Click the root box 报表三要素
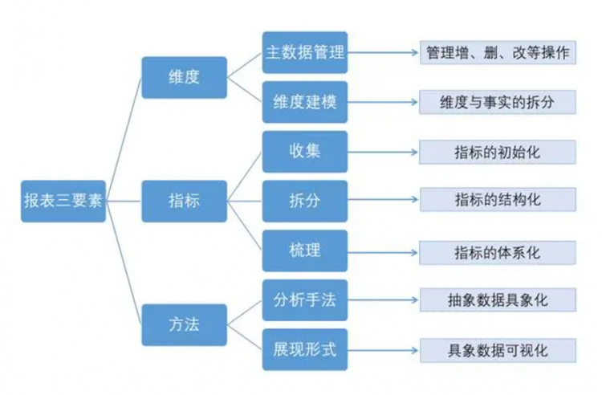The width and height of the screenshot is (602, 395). click(x=63, y=202)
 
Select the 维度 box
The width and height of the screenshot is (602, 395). click(x=185, y=78)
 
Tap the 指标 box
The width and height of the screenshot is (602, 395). click(x=185, y=202)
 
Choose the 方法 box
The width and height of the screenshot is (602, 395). click(x=185, y=325)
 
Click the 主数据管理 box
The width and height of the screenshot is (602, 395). click(x=305, y=53)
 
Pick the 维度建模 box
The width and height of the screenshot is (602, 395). click(x=305, y=102)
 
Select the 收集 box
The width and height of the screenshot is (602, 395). click(x=305, y=152)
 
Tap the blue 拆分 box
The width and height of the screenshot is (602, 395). click(x=305, y=202)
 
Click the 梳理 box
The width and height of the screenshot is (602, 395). click(x=305, y=250)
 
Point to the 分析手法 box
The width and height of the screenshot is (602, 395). click(x=305, y=300)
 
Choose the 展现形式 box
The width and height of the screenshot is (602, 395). click(x=305, y=349)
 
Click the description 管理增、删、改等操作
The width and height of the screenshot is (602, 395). click(x=498, y=53)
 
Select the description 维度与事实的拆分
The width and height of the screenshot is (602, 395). click(x=498, y=102)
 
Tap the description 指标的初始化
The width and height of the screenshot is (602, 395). click(x=498, y=152)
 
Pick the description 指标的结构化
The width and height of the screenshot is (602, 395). click(x=498, y=200)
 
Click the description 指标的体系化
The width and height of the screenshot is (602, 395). click(x=498, y=253)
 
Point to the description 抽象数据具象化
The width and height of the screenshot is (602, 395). click(x=498, y=299)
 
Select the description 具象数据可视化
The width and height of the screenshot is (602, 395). click(x=498, y=351)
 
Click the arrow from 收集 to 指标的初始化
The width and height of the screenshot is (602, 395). click(x=383, y=153)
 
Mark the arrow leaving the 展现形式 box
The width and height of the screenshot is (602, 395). click(x=383, y=350)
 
